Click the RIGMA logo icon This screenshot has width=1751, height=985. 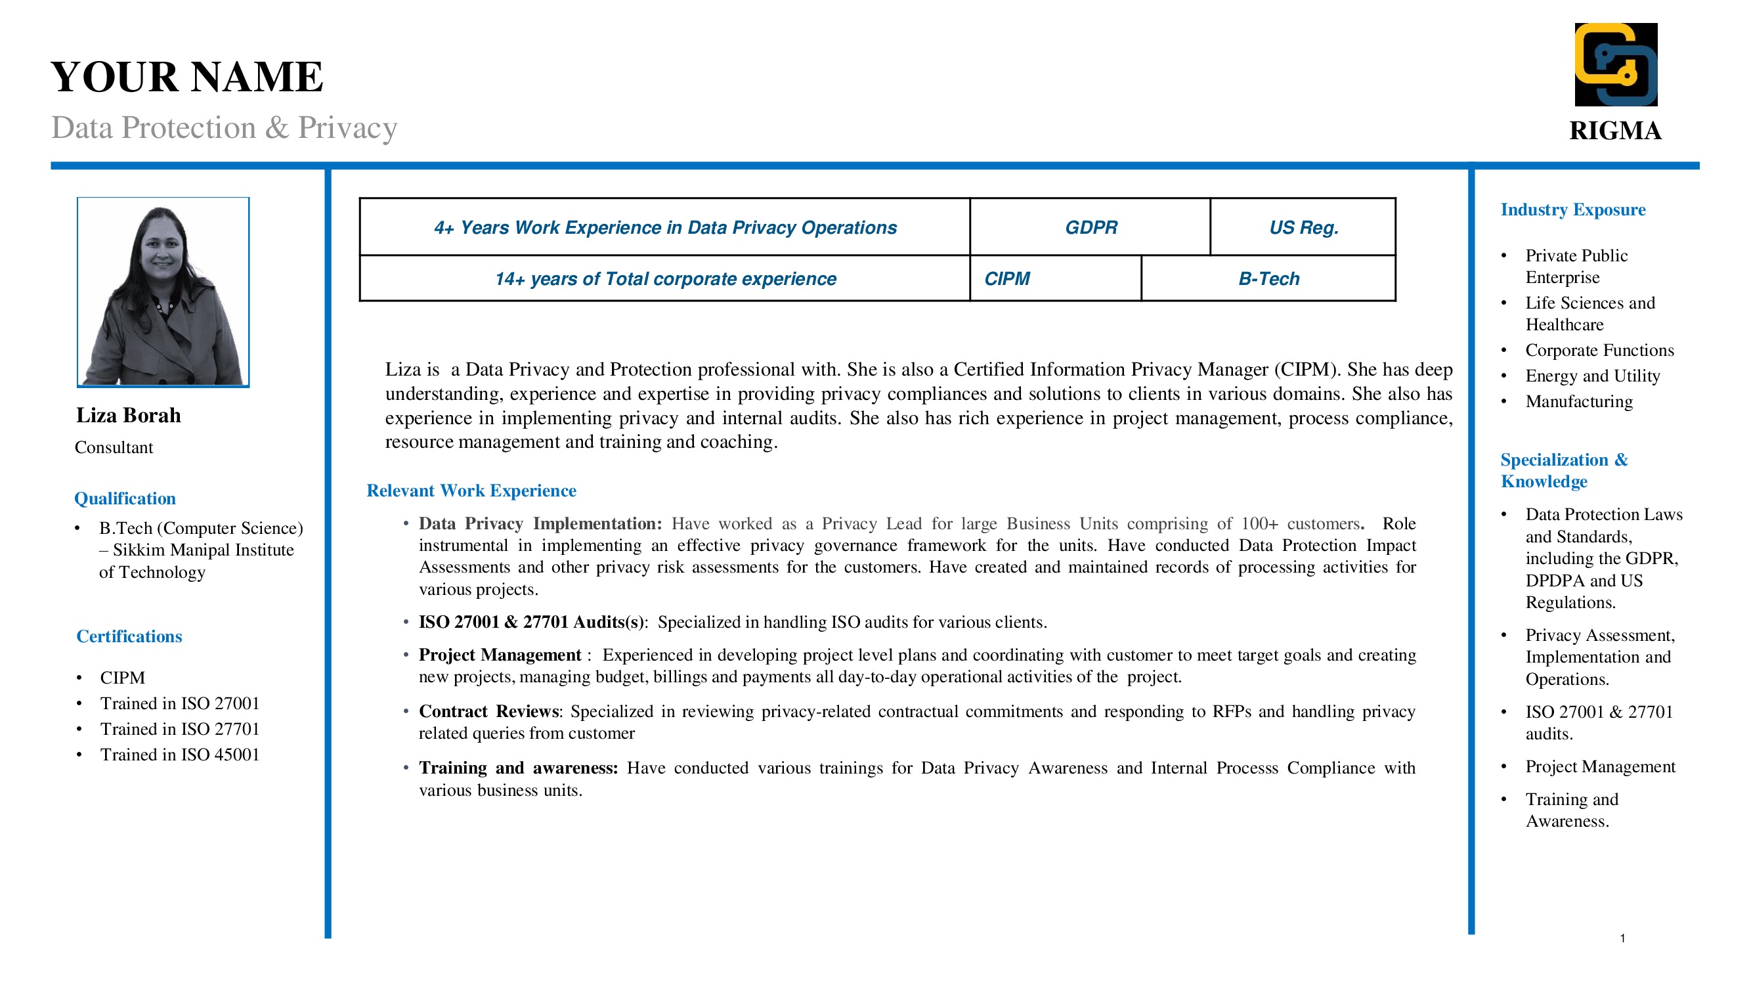(1615, 64)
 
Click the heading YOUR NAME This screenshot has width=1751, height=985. (187, 76)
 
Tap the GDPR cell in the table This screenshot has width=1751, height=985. (1091, 227)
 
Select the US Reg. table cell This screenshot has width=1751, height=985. (1303, 227)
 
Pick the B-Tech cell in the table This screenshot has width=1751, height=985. (1268, 278)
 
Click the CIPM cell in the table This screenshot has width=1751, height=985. (1006, 278)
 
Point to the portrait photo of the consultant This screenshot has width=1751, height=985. (163, 292)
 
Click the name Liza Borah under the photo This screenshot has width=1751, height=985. (129, 416)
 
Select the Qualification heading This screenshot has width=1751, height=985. (125, 498)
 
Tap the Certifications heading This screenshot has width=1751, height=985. (129, 636)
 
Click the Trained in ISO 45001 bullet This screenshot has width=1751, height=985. (179, 755)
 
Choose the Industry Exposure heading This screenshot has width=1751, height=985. (1573, 209)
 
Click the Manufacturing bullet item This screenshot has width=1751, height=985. (1578, 402)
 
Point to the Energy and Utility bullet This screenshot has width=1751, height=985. (1592, 376)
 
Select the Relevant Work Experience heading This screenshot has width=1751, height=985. (471, 491)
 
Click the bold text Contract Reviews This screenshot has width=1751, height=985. (488, 711)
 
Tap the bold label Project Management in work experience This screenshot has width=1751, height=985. (500, 655)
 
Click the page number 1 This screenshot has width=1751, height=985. (1622, 938)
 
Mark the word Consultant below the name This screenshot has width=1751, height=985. (114, 447)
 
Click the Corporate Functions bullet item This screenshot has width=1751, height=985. (1599, 350)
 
